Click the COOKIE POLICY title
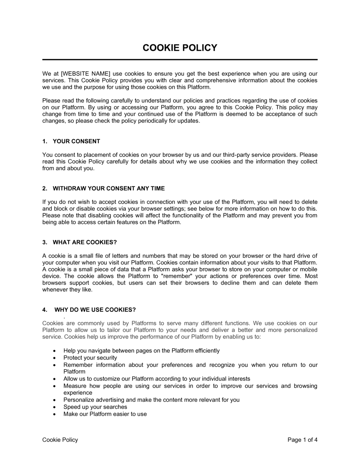180,48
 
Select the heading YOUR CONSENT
76,141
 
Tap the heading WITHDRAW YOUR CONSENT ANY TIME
108,188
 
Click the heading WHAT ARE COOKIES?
85,242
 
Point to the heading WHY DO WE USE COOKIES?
95,310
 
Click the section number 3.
45,242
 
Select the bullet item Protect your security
90,358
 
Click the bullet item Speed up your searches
95,407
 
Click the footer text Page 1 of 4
302,440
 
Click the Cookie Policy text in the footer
60,440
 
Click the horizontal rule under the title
180,59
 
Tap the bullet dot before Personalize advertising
54,400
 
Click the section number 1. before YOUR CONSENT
45,141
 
